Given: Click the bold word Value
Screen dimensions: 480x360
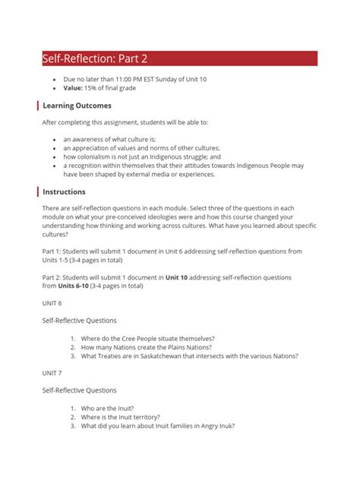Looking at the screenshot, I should click(x=74, y=88).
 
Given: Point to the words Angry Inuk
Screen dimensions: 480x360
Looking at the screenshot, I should click(x=217, y=426).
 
